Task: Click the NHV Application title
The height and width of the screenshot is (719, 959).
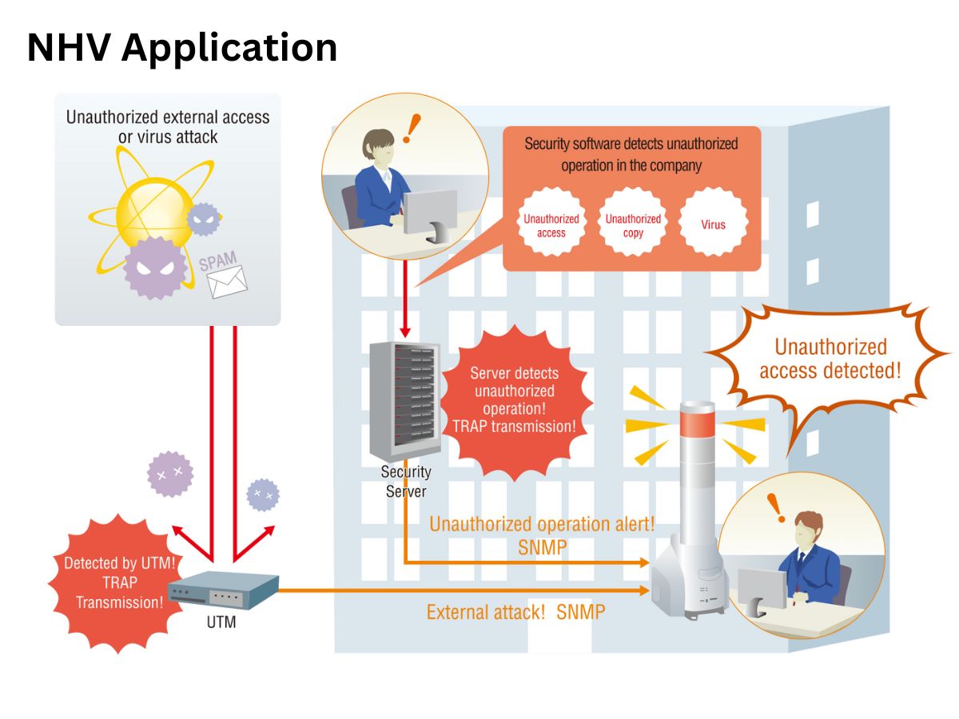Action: pyautogui.click(x=181, y=49)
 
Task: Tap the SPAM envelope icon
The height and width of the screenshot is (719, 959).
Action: pyautogui.click(x=227, y=281)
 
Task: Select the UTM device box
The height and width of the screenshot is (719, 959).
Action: pyautogui.click(x=223, y=590)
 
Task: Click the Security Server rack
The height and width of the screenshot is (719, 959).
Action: pyautogui.click(x=404, y=401)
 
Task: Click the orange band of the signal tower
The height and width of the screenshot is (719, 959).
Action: pyautogui.click(x=698, y=423)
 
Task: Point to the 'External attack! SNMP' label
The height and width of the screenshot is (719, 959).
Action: pyautogui.click(x=515, y=612)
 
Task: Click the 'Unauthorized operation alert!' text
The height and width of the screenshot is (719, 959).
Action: pyautogui.click(x=542, y=524)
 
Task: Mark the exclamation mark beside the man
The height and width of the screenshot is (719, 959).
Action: pyautogui.click(x=776, y=508)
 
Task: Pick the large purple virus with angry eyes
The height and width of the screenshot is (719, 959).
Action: pyautogui.click(x=155, y=268)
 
